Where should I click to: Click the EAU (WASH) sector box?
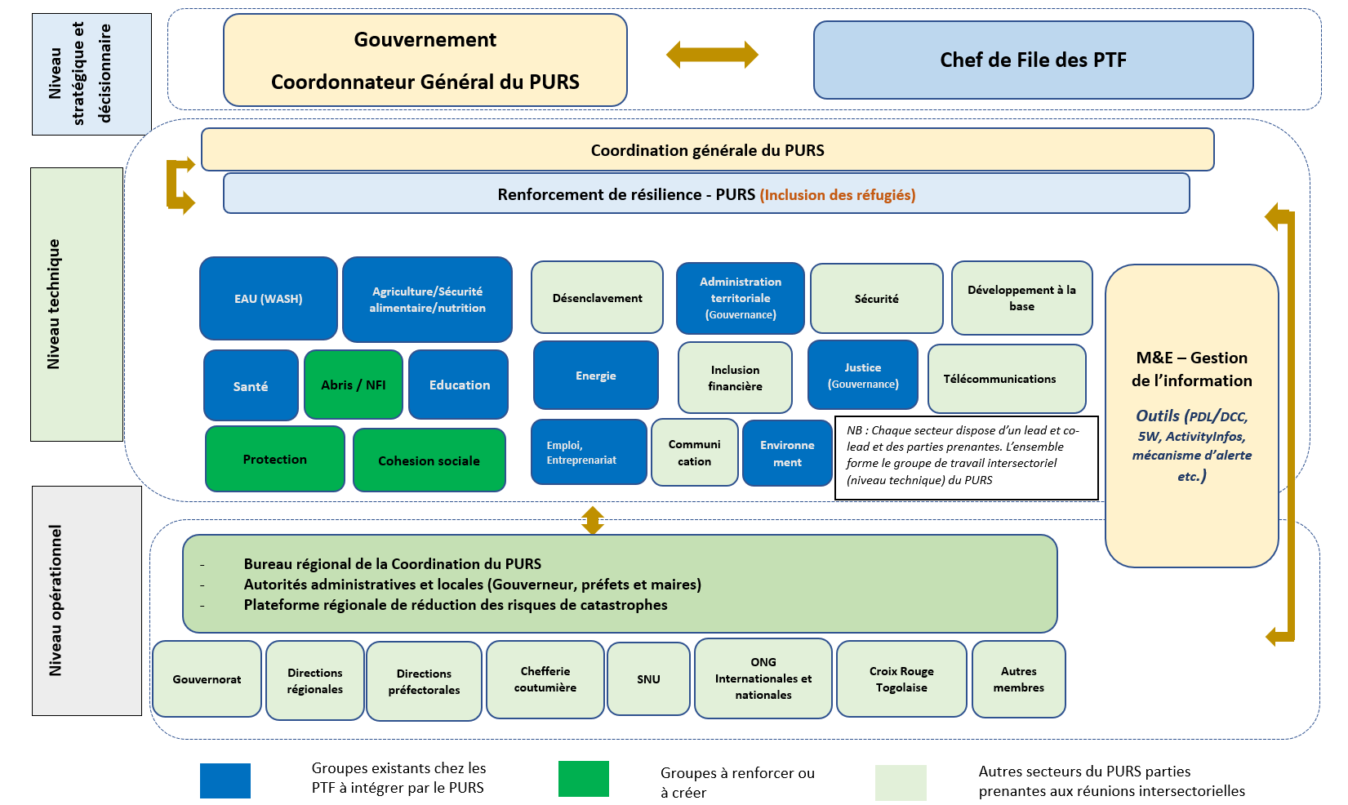268,299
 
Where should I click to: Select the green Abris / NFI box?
353,385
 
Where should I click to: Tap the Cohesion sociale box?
429,460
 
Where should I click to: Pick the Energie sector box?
595,376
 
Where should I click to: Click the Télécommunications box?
1006,379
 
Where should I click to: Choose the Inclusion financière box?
735,378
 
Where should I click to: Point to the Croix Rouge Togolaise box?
901,679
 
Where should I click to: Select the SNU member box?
648,679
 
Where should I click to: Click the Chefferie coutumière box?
545,679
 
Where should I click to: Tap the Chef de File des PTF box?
1033,60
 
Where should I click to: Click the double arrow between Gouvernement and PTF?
712,55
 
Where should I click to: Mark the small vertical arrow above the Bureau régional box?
593,520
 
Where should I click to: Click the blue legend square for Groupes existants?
225,781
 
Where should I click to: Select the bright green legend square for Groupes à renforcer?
583,778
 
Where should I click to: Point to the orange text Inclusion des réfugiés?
837,195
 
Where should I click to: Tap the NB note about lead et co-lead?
966,456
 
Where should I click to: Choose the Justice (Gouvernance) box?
862,376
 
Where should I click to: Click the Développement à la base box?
1021,298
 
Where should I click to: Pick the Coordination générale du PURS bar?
707,150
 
